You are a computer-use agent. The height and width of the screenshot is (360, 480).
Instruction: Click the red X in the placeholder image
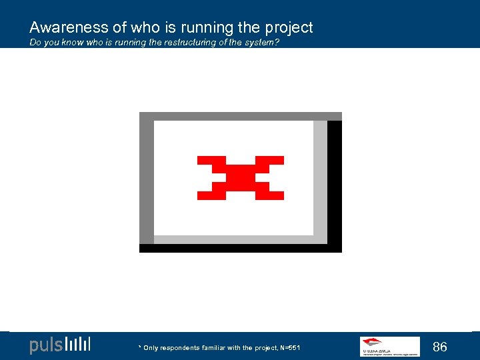[x=241, y=178]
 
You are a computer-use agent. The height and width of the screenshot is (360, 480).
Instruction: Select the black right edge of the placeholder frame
[x=335, y=183]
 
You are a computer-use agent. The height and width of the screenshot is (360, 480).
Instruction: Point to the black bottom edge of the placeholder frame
[x=240, y=248]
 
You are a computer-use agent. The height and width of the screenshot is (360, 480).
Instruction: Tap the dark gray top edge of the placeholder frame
[x=240, y=116]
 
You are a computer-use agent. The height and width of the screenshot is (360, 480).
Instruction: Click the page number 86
[x=440, y=347]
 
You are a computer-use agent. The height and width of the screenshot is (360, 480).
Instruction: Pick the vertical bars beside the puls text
[x=78, y=345]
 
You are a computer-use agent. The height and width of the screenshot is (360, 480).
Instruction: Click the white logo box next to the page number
[x=390, y=347]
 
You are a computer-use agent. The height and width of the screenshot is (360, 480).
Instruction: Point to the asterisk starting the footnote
[x=139, y=347]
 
